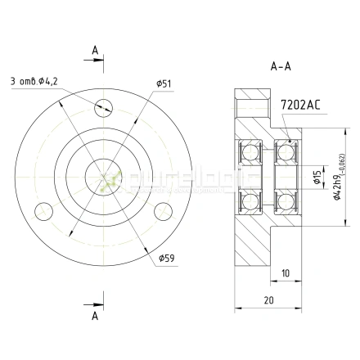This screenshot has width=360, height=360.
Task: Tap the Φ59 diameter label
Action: point(167,260)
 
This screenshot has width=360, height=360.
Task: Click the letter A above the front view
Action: point(95,51)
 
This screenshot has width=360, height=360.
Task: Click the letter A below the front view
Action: point(95,314)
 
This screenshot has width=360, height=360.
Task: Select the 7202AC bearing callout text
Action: point(299,105)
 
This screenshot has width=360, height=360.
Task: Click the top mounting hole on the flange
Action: point(103,105)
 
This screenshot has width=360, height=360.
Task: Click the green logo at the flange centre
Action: point(105,184)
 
